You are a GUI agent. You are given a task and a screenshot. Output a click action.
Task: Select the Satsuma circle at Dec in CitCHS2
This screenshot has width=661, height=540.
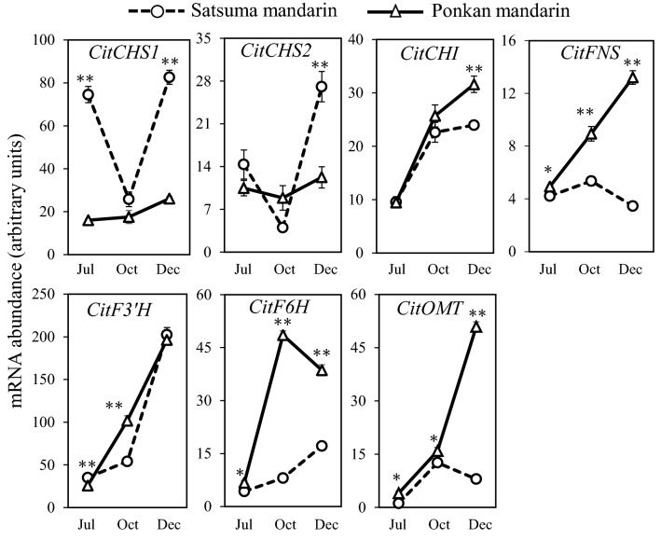click(x=321, y=87)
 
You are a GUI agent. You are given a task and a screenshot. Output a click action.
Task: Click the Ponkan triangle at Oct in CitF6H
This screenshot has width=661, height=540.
click(x=282, y=335)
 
